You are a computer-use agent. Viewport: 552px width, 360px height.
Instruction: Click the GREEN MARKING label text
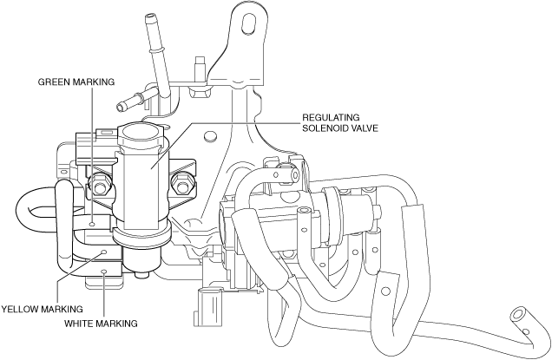point(76,82)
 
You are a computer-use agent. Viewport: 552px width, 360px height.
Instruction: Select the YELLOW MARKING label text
point(43,308)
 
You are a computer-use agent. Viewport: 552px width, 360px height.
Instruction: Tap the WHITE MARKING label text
point(101,324)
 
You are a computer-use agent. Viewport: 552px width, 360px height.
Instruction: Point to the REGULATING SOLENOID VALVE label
point(340,122)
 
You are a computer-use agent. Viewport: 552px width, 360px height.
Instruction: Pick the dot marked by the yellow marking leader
point(105,252)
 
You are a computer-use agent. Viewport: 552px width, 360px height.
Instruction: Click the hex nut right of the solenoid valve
point(181,183)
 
